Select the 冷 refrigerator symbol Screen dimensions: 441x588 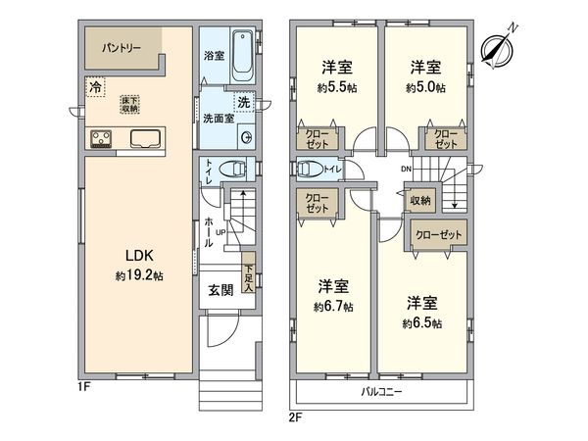[95, 88]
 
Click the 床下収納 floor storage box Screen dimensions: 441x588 [129, 104]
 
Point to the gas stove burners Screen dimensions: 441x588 [101, 137]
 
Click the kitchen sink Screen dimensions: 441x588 [144, 137]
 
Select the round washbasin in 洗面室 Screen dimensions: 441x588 [245, 137]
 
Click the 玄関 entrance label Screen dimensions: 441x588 [220, 290]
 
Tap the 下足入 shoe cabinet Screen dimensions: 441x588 [249, 278]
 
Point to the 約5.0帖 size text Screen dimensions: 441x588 [424, 87]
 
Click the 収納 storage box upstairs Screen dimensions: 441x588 [420, 200]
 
